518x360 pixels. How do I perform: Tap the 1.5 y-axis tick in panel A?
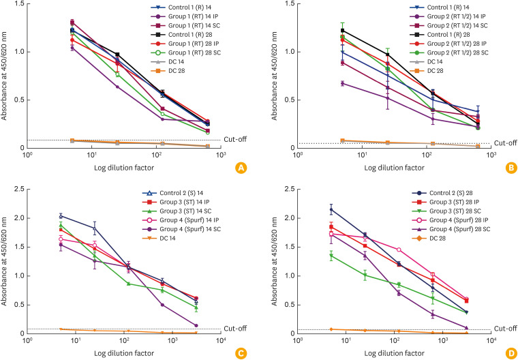(x=17, y=5)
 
